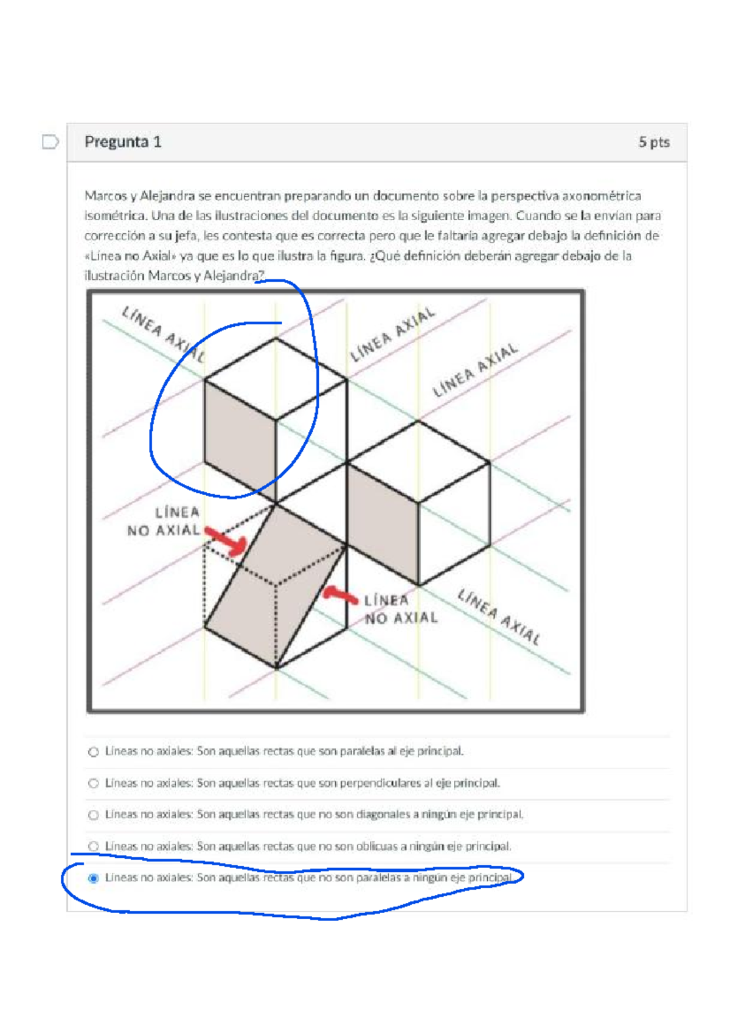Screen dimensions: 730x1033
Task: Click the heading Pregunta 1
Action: coord(123,142)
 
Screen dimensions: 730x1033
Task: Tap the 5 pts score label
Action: coord(654,142)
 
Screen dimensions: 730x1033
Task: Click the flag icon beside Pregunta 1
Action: coord(50,142)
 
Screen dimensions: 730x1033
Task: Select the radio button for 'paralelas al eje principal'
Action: coord(94,752)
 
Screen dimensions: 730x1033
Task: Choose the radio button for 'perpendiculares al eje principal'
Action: coord(94,784)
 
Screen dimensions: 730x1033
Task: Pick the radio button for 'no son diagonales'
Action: coord(94,815)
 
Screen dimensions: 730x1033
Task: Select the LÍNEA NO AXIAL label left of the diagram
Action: coord(163,521)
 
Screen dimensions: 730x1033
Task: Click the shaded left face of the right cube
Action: coord(383,524)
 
